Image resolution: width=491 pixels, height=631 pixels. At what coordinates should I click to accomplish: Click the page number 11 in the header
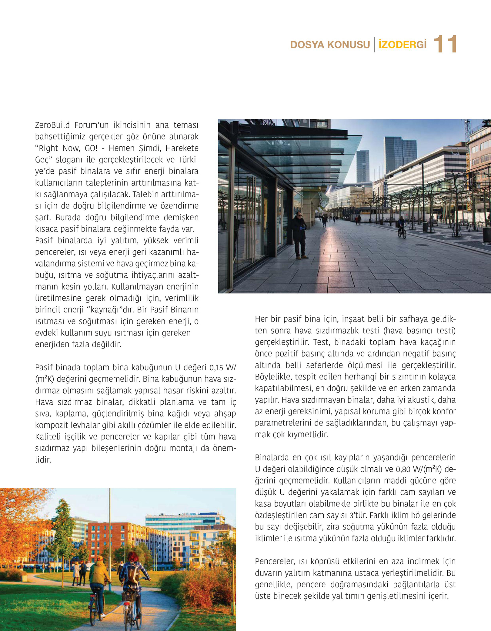pyautogui.click(x=445, y=44)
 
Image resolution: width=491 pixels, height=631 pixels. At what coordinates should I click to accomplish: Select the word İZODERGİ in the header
pyautogui.click(x=402, y=45)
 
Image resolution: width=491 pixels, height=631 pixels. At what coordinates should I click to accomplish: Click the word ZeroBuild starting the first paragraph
pyautogui.click(x=52, y=125)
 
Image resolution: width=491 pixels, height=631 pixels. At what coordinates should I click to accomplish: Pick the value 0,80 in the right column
pyautogui.click(x=403, y=469)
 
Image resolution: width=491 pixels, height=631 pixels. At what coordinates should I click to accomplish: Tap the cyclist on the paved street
pyautogui.click(x=402, y=227)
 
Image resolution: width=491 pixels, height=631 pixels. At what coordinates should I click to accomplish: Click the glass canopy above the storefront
pyautogui.click(x=300, y=158)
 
